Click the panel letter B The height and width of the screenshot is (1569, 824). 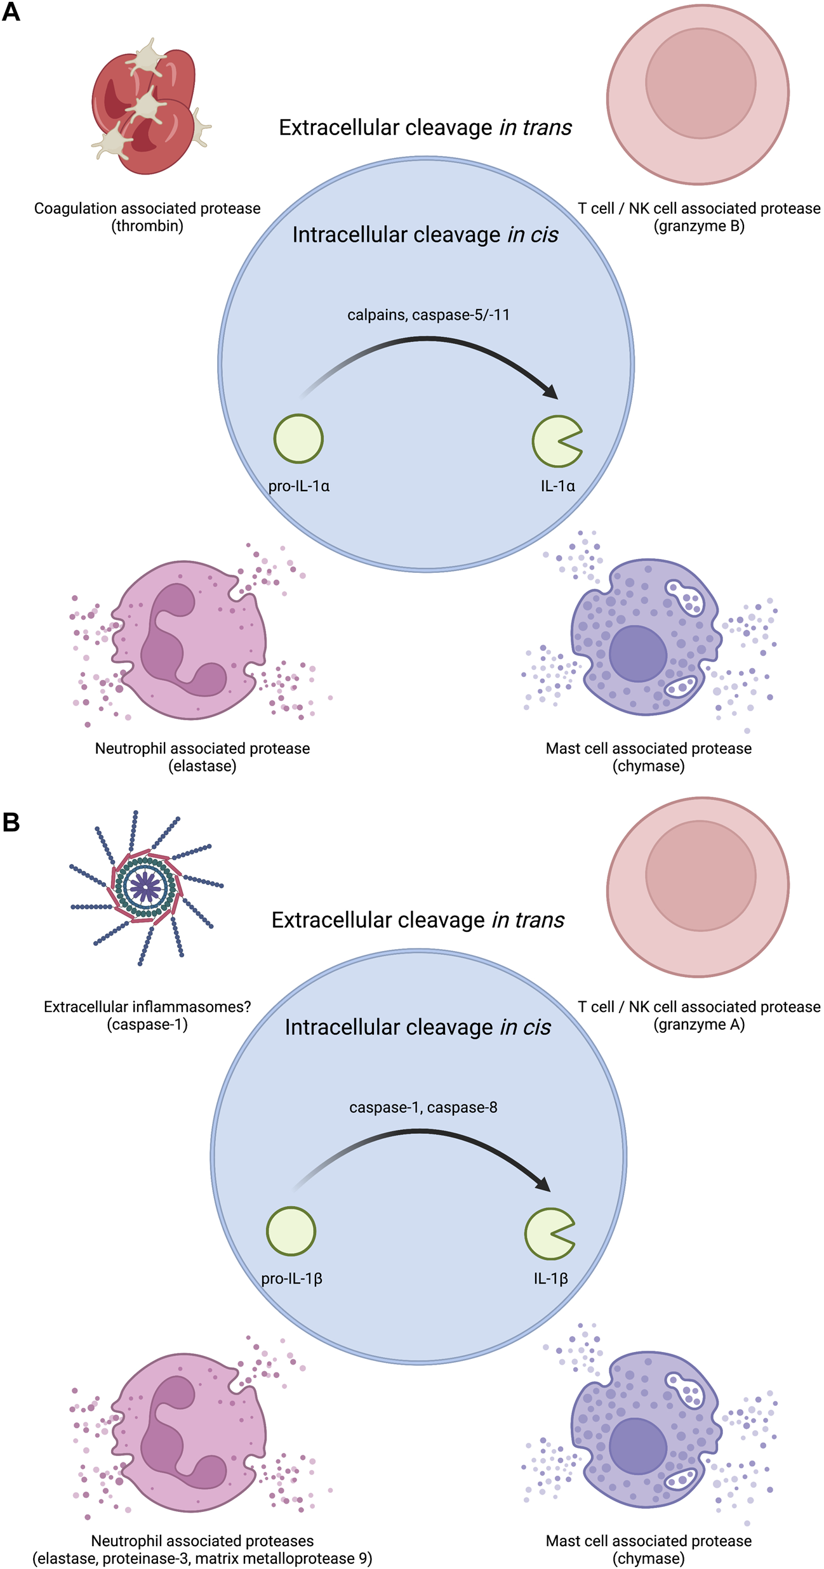click(11, 822)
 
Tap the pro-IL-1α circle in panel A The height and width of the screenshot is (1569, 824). click(298, 438)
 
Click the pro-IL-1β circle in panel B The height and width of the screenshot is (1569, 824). click(291, 1231)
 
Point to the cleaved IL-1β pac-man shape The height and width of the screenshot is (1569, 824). click(546, 1233)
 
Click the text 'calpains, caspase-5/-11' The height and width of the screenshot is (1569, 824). click(429, 315)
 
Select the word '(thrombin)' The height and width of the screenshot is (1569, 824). click(147, 226)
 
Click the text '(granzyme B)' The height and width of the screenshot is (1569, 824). click(699, 226)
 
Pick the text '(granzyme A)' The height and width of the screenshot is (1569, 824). click(699, 1024)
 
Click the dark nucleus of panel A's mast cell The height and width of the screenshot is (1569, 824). click(637, 653)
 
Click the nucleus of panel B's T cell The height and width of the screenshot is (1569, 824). click(701, 876)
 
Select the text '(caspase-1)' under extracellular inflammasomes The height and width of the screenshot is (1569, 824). click(147, 1024)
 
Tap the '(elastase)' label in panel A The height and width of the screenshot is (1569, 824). click(203, 766)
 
